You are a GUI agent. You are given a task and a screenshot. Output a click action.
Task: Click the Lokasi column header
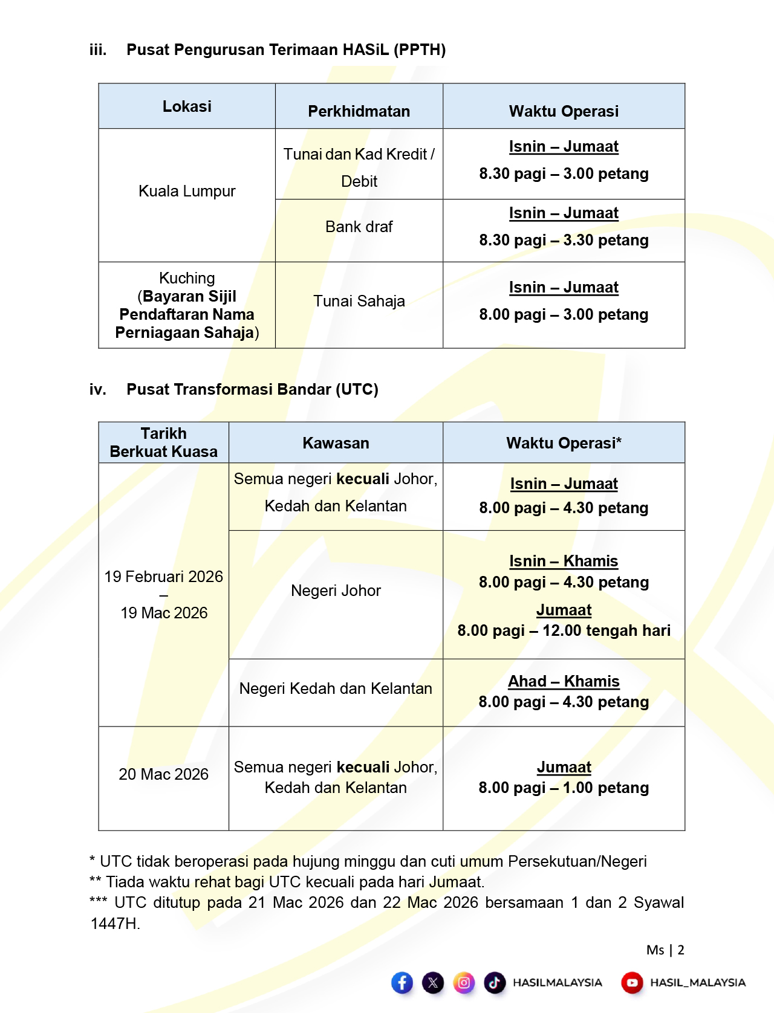[187, 106]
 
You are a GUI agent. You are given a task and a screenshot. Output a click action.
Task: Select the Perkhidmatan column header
[359, 111]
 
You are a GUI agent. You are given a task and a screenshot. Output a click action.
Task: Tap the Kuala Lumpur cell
[187, 191]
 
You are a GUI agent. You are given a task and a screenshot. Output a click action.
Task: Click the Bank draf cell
[359, 227]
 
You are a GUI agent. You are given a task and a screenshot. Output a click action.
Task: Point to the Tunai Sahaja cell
[359, 301]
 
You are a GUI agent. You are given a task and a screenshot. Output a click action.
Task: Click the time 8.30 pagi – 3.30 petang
[564, 240]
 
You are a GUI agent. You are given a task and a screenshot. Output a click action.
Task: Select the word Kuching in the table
[187, 278]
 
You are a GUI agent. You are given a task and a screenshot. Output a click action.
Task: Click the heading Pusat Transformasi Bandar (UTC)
[252, 389]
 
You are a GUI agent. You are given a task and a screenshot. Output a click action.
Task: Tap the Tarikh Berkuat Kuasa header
[163, 442]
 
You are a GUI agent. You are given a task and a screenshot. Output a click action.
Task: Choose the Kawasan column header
[336, 443]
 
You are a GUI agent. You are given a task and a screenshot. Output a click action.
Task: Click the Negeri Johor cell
[336, 591]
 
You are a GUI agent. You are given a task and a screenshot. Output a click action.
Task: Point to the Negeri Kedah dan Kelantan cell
[336, 688]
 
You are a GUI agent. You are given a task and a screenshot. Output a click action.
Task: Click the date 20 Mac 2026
[163, 774]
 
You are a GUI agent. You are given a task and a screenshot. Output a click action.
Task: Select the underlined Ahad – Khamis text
[564, 681]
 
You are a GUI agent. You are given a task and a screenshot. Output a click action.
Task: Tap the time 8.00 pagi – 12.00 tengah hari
[564, 630]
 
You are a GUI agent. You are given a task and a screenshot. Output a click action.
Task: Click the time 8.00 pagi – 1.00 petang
[564, 788]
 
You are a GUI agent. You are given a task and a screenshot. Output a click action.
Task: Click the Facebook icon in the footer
[402, 983]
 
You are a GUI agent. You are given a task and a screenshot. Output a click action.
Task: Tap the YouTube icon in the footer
[632, 983]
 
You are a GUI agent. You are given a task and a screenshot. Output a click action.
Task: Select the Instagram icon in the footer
[464, 983]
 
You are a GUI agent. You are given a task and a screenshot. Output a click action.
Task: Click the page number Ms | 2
[665, 950]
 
